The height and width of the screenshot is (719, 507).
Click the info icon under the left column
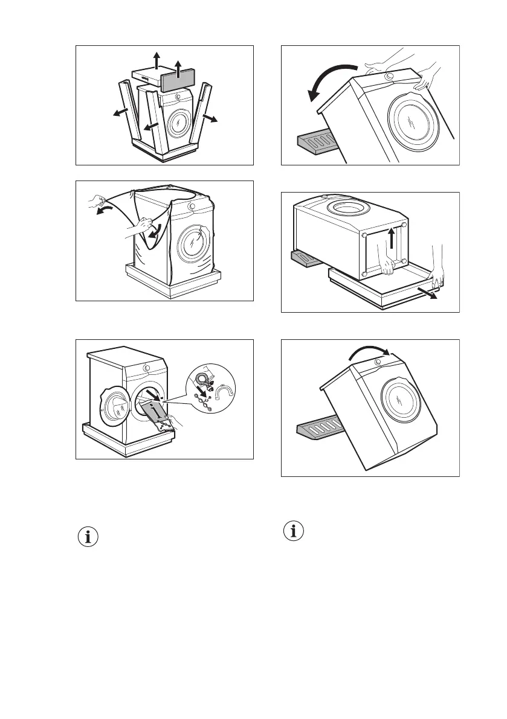[x=88, y=537]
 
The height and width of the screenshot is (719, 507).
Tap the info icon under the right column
[x=294, y=531]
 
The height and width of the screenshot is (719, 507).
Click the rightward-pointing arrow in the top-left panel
[x=211, y=117]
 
